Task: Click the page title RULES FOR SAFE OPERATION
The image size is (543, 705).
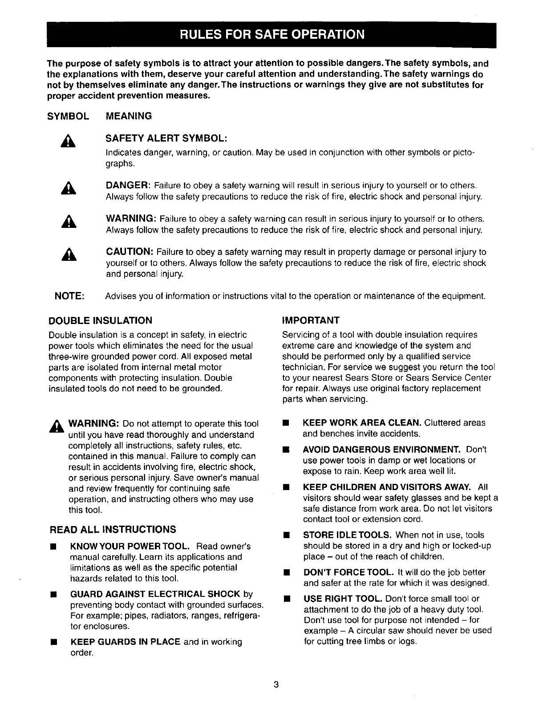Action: pyautogui.click(x=271, y=34)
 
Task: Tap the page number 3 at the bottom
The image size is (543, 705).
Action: pyautogui.click(x=276, y=685)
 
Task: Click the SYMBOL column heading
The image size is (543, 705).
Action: pyautogui.click(x=69, y=116)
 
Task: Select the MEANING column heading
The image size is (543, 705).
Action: pyautogui.click(x=129, y=116)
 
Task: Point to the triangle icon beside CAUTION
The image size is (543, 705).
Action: pyautogui.click(x=69, y=255)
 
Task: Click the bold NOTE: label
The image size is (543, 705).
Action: pyautogui.click(x=69, y=296)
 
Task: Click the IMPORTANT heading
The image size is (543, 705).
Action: pyautogui.click(x=311, y=320)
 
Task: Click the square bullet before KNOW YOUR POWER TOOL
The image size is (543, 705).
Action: pyautogui.click(x=53, y=547)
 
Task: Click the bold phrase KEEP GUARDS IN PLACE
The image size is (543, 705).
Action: pyautogui.click(x=126, y=642)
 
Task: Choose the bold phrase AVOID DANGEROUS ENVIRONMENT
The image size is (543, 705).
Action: pyautogui.click(x=382, y=450)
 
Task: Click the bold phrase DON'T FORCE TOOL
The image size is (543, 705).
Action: pyautogui.click(x=348, y=572)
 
